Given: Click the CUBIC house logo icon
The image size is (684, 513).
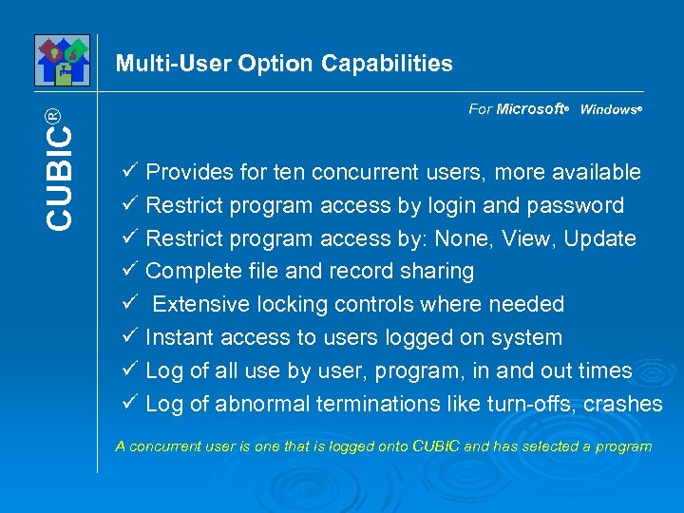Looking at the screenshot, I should [62, 60].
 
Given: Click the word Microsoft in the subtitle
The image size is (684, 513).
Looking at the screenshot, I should [530, 109].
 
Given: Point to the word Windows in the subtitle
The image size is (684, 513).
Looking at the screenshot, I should [608, 110].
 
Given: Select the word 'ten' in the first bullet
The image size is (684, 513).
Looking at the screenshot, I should [289, 173].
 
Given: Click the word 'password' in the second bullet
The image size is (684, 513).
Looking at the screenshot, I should [580, 206].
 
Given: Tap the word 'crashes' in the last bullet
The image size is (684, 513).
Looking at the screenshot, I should [623, 404].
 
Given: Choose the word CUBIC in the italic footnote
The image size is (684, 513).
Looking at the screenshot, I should [436, 446].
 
